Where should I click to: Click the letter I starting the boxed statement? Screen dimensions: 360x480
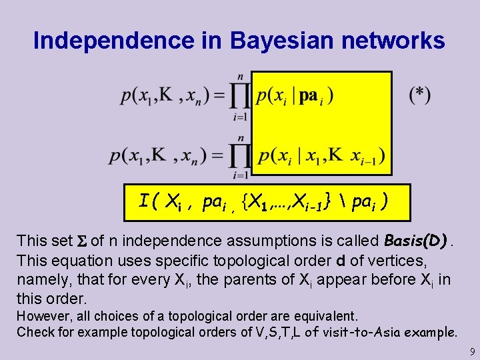coord(143,200)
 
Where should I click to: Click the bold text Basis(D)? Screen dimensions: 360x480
coord(415,240)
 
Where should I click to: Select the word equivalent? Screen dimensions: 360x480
coord(325,315)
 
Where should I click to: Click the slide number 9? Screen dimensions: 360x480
coord(471,351)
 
